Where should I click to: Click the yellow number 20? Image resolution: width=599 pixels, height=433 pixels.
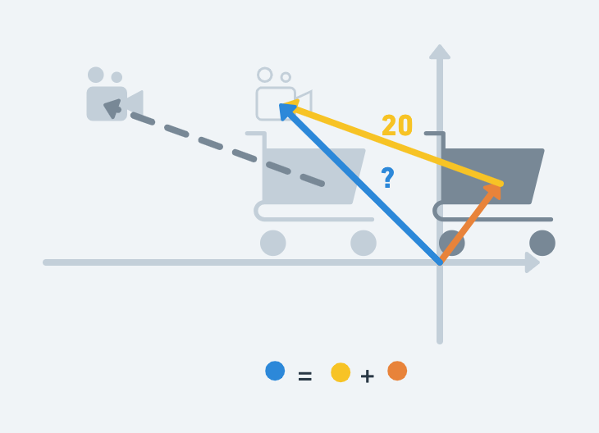click(x=397, y=125)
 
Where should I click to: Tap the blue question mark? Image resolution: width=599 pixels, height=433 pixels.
click(x=387, y=178)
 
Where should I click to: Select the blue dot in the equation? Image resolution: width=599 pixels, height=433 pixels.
click(x=275, y=371)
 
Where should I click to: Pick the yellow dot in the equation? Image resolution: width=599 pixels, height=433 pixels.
click(x=341, y=372)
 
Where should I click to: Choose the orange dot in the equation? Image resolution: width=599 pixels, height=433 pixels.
click(x=397, y=371)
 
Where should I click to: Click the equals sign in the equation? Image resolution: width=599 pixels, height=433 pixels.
click(x=304, y=376)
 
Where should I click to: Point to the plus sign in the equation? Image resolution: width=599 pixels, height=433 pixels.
click(x=367, y=376)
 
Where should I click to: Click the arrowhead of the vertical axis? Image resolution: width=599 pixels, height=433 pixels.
click(x=440, y=52)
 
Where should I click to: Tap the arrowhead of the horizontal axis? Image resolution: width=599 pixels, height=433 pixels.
click(x=532, y=262)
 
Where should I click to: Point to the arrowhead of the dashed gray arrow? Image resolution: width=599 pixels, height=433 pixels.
click(x=112, y=106)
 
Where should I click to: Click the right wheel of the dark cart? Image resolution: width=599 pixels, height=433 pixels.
click(x=542, y=243)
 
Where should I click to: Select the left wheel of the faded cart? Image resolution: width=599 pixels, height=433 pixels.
click(x=273, y=243)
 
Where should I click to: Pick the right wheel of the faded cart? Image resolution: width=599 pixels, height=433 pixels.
click(x=364, y=243)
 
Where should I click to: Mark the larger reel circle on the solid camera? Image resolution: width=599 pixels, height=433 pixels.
click(x=96, y=75)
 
